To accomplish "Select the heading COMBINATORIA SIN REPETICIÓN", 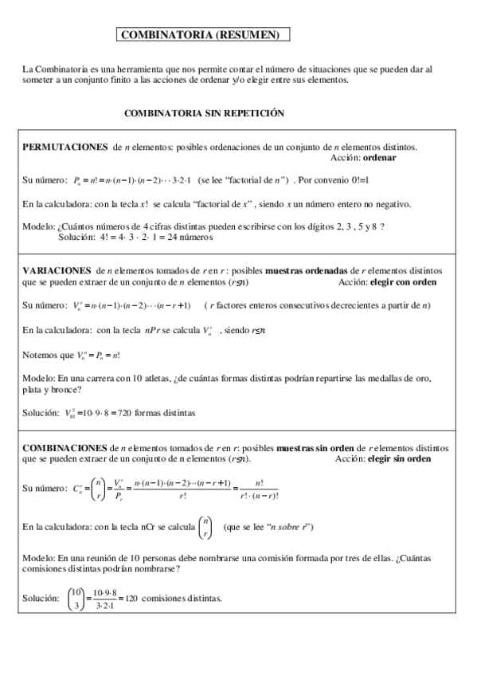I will (x=204, y=114).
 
